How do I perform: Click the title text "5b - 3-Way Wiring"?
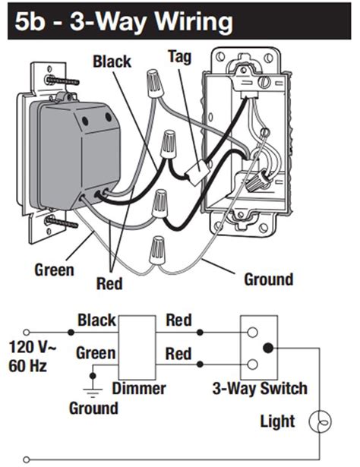(x=124, y=21)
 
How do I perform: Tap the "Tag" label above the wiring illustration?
(x=179, y=57)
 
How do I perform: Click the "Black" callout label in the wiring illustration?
(x=112, y=62)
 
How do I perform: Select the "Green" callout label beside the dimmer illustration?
(x=54, y=270)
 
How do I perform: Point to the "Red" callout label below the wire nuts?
(x=109, y=283)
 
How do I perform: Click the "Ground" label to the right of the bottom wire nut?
(x=269, y=279)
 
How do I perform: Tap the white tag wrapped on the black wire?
(x=196, y=172)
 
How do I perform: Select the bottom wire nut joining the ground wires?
(x=157, y=250)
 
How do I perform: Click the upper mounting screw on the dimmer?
(x=62, y=80)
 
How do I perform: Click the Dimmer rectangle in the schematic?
(x=137, y=347)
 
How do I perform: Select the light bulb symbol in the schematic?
(x=320, y=421)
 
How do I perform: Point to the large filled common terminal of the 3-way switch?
(x=268, y=348)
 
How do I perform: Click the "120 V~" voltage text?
(x=33, y=347)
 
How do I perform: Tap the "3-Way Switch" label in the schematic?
(x=260, y=389)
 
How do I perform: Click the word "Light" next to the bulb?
(x=277, y=421)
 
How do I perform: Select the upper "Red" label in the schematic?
(x=178, y=320)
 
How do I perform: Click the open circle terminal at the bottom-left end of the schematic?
(x=27, y=459)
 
